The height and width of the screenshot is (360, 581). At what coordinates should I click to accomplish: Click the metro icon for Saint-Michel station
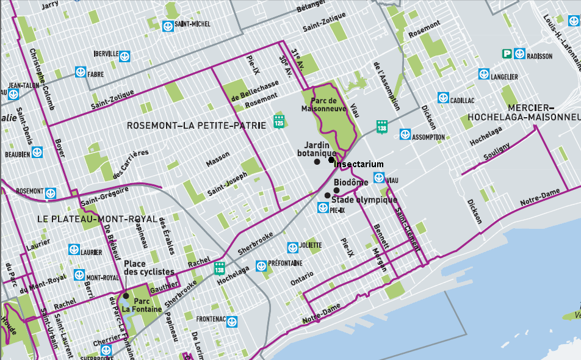click(167, 25)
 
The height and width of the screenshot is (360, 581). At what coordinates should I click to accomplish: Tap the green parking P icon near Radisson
click(507, 54)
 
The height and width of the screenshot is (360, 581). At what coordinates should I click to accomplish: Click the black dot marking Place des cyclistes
click(126, 296)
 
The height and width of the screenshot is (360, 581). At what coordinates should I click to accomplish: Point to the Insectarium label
click(359, 164)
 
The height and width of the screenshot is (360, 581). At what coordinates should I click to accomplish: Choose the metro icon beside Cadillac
click(443, 98)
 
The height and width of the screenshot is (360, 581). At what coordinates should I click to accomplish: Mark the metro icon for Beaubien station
click(38, 153)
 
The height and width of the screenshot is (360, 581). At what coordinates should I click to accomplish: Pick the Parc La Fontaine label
click(142, 305)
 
